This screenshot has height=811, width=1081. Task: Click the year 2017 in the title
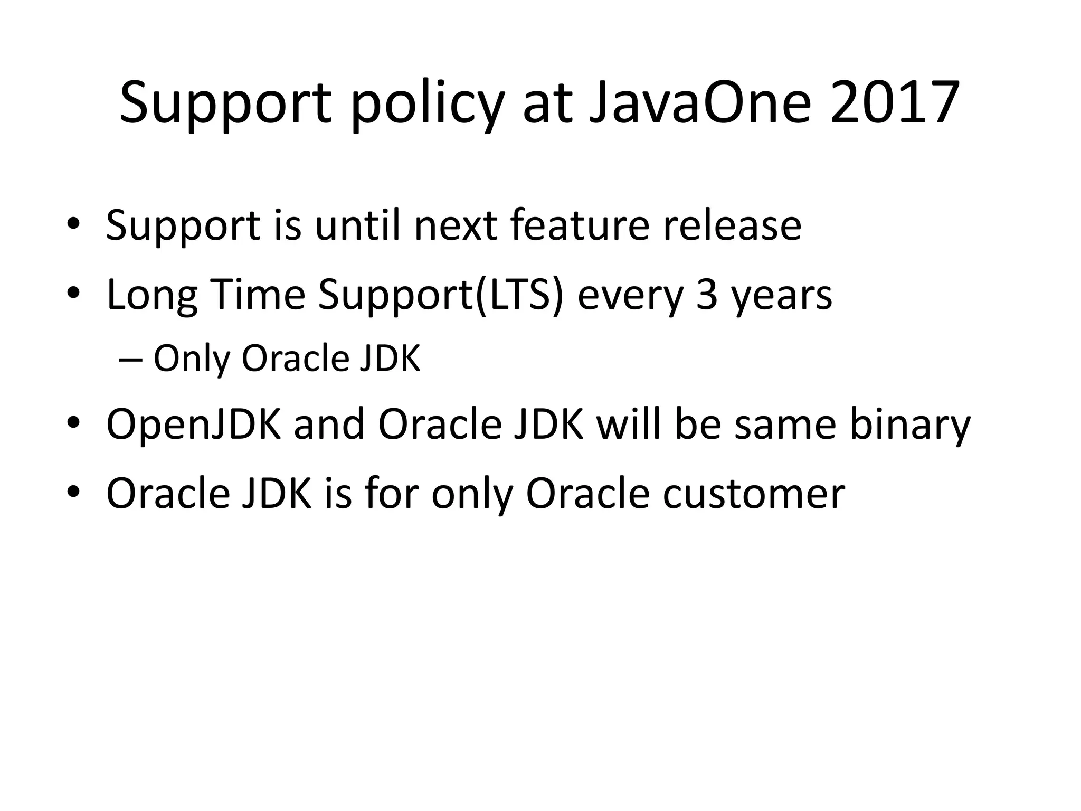(894, 102)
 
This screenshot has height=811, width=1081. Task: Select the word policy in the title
(428, 106)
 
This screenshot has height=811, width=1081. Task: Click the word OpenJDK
(194, 426)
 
